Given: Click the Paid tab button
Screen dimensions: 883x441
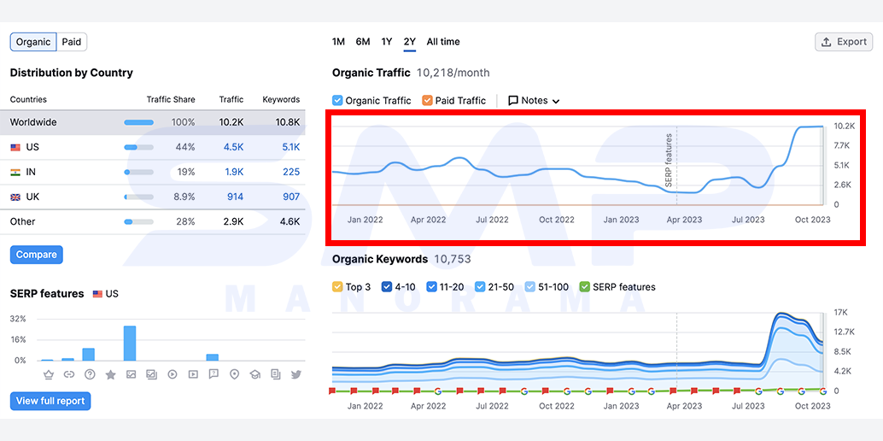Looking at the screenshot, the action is [x=72, y=42].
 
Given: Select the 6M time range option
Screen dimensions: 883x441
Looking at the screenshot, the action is [x=363, y=42].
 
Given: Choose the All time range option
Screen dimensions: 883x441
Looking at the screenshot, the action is [x=443, y=42].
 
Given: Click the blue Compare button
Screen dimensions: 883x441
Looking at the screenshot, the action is [x=37, y=255].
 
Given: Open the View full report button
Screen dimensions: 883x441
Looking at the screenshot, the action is [x=50, y=401].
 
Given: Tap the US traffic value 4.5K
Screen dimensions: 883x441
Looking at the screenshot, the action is [x=234, y=147].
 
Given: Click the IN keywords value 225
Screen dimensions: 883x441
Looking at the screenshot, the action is [x=291, y=172].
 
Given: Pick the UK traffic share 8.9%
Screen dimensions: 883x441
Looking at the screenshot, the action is [x=184, y=197].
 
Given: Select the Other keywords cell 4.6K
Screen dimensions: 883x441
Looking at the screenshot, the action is [x=290, y=221].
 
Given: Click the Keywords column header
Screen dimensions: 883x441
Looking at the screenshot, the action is [x=281, y=99].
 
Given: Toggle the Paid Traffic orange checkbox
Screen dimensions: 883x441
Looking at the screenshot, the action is [x=427, y=100].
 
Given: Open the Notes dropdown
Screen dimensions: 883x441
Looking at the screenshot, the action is [x=534, y=100].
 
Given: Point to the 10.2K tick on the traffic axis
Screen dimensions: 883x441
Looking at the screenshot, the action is [x=844, y=126].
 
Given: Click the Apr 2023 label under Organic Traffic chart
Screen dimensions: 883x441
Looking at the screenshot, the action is [x=684, y=220].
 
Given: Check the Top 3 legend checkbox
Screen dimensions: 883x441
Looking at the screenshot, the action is [x=338, y=287].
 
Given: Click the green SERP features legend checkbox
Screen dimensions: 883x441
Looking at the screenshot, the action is [x=584, y=287].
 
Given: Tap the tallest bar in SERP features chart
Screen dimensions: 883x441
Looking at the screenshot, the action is [x=130, y=343].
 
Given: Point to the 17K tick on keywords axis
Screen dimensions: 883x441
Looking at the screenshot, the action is [x=841, y=313].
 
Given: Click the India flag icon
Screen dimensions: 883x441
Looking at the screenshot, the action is [x=15, y=172].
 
